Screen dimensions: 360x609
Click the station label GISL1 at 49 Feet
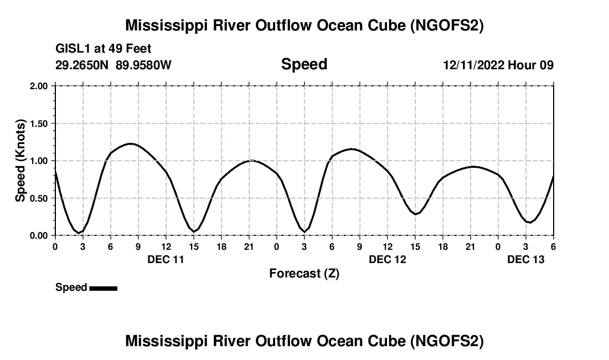coord(104,49)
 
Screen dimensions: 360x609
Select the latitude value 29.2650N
coord(82,65)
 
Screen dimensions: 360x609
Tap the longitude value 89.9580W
coord(143,65)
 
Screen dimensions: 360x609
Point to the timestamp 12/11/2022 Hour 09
coord(498,65)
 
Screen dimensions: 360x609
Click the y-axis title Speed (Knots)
coord(20,161)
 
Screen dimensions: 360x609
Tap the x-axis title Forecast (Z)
coord(304,273)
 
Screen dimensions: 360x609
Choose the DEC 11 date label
coord(166,259)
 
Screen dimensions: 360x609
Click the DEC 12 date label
coord(388,259)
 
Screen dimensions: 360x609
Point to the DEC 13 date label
coord(526,259)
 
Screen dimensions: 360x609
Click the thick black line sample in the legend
coord(103,288)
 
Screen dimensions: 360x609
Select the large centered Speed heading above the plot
coord(304,64)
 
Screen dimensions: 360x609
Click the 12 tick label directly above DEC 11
coord(166,246)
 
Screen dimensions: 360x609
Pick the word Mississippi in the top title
coord(167,25)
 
